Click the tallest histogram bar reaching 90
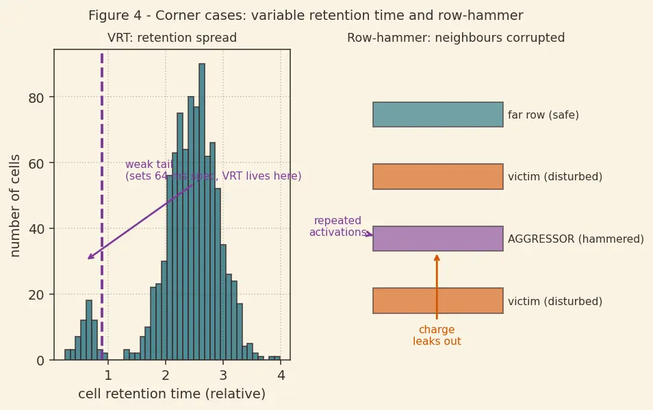[202, 212]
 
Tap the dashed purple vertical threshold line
[102, 206]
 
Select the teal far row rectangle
[438, 114]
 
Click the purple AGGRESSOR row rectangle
[438, 239]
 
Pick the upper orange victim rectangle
[438, 176]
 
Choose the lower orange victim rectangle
[438, 301]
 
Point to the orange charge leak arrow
[437, 287]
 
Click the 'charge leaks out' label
[437, 335]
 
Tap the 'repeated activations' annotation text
[337, 226]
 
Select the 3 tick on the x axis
[223, 376]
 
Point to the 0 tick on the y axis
[40, 361]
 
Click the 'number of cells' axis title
[15, 206]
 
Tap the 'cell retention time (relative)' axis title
[172, 394]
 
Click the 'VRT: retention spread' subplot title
[172, 38]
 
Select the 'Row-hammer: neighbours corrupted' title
[456, 38]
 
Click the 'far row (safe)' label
[543, 114]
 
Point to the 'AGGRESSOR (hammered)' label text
[576, 239]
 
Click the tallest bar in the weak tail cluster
[89, 330]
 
